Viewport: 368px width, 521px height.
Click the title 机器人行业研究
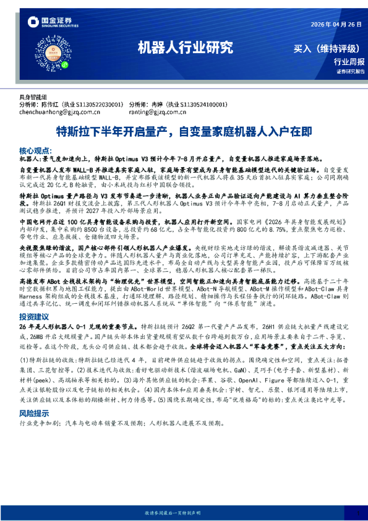click(x=184, y=47)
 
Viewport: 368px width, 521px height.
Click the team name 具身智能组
click(x=33, y=98)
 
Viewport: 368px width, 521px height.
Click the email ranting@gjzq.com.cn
click(x=158, y=112)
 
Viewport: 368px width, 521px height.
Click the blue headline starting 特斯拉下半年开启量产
click(x=184, y=132)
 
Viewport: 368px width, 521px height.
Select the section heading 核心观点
click(x=36, y=150)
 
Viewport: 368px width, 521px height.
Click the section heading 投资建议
click(x=36, y=316)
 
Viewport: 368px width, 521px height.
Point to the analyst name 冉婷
click(x=156, y=105)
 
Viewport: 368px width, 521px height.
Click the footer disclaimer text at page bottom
click(x=184, y=513)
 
